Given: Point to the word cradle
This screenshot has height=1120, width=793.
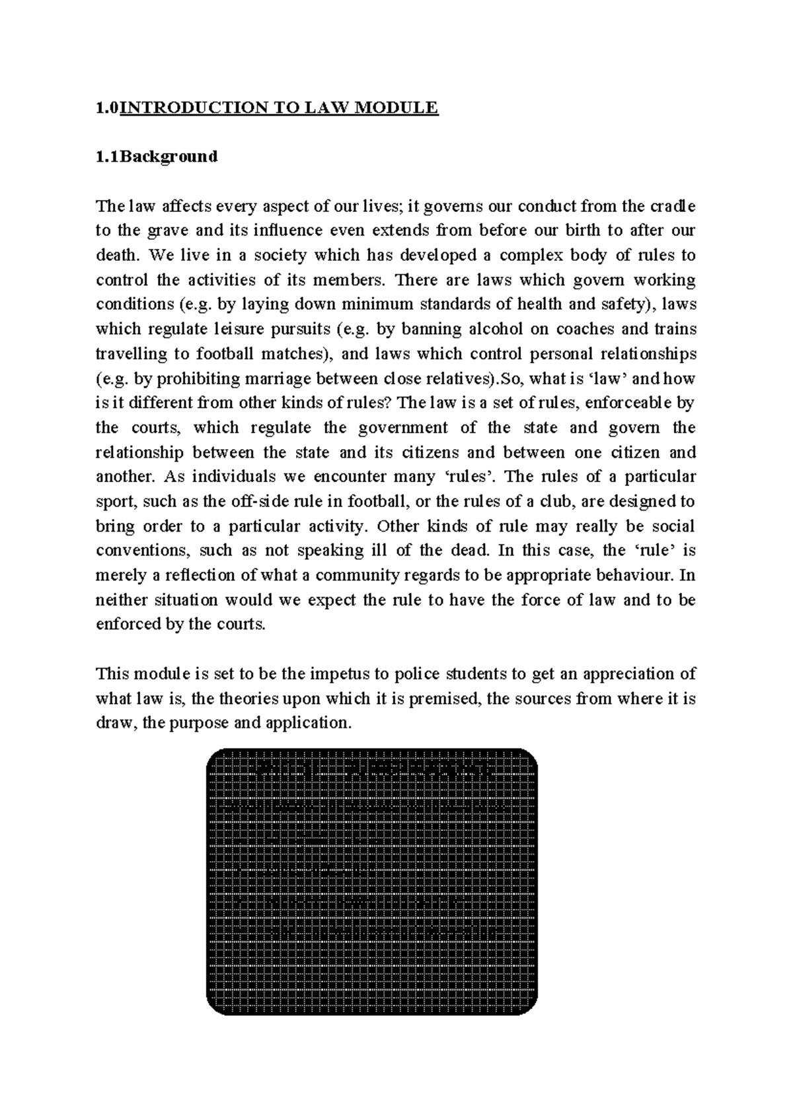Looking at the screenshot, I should [673, 206].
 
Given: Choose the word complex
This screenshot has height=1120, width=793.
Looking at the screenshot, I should [527, 256].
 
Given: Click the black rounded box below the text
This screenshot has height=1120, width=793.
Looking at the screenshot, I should [372, 882].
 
